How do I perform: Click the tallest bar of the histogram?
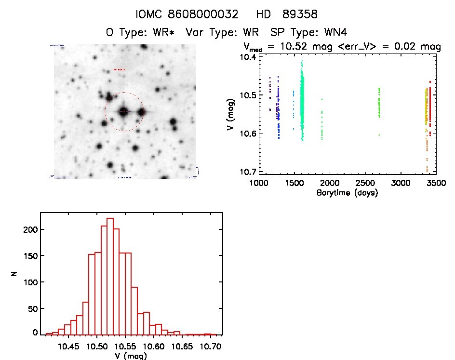(110, 275)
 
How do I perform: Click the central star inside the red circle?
(124, 111)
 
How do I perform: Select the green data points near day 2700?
(379, 104)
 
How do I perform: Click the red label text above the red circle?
(119, 70)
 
